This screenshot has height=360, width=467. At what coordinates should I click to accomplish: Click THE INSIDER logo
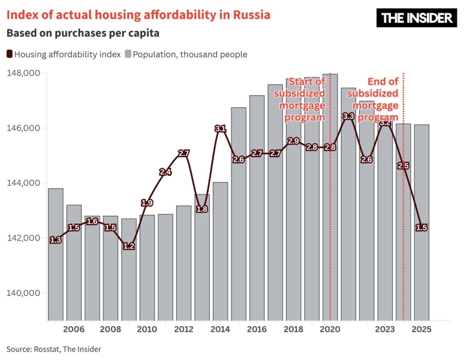(x=416, y=18)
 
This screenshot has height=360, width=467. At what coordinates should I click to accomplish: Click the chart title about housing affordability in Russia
(x=138, y=14)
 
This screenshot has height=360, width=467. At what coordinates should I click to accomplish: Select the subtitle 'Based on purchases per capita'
(x=83, y=33)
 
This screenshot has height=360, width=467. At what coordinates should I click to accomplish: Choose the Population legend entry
(x=186, y=55)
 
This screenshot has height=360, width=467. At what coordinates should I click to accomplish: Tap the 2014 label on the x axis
(x=220, y=329)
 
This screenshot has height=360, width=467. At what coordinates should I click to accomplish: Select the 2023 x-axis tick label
(x=385, y=329)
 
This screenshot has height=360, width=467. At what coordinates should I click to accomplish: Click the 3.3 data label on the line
(x=348, y=116)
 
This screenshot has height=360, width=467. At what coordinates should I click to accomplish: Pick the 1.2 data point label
(x=129, y=246)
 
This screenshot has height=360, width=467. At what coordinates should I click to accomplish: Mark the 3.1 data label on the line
(x=220, y=128)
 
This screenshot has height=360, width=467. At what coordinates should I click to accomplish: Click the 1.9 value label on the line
(x=147, y=203)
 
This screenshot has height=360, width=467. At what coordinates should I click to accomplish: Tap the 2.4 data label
(x=165, y=172)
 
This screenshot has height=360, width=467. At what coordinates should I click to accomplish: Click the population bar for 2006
(x=74, y=264)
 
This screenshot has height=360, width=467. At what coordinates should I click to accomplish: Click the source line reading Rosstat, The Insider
(x=54, y=349)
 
